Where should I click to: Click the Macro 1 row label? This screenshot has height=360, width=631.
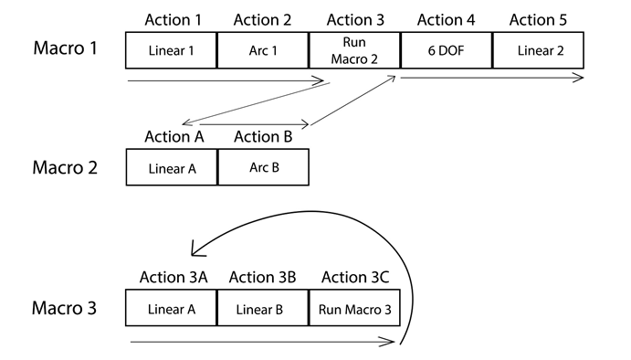click(x=64, y=48)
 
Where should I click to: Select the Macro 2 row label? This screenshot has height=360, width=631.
click(x=64, y=167)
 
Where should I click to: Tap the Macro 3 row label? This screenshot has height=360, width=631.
click(x=64, y=308)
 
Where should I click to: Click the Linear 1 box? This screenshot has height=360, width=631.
click(x=171, y=49)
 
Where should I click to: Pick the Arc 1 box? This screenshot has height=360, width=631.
click(x=263, y=49)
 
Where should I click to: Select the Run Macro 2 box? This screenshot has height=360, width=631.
click(x=354, y=49)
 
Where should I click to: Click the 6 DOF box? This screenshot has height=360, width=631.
click(x=446, y=49)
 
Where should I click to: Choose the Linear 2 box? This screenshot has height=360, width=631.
click(x=539, y=49)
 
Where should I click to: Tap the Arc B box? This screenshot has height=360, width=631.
click(x=263, y=167)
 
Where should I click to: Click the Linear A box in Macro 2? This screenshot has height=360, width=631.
click(x=171, y=167)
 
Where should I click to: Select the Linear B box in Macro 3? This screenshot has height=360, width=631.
click(x=263, y=309)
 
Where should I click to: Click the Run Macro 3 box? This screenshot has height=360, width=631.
click(x=354, y=309)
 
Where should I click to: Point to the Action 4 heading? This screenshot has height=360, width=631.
click(x=446, y=19)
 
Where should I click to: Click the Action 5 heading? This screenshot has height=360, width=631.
click(x=538, y=19)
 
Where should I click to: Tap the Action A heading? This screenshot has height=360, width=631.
click(x=174, y=137)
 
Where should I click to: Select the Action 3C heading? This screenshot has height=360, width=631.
click(x=355, y=277)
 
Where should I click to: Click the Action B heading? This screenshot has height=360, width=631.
click(x=263, y=137)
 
